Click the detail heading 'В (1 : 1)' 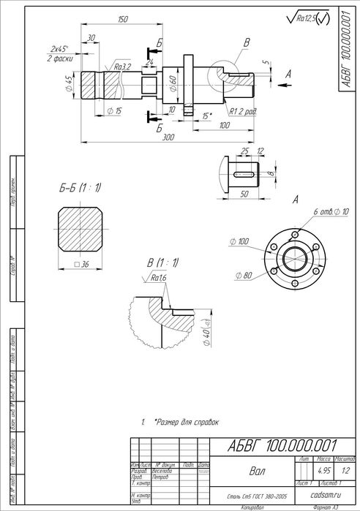[163, 262]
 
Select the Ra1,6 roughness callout [157, 278]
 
